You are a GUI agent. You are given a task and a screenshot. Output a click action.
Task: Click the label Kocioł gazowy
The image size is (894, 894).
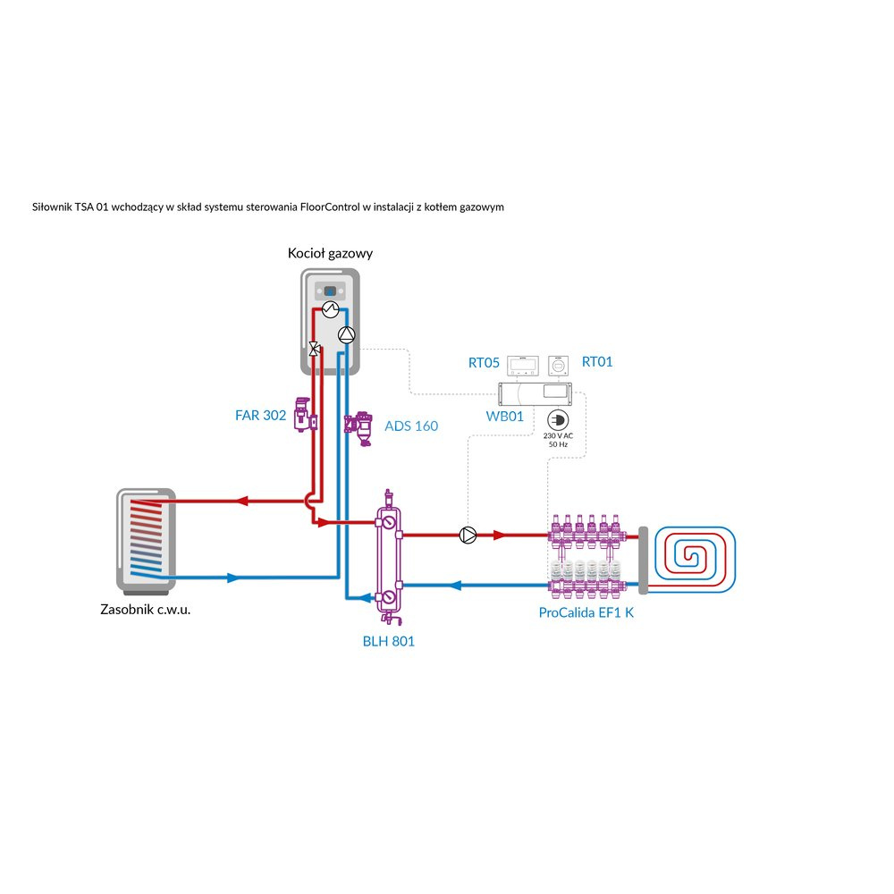330,254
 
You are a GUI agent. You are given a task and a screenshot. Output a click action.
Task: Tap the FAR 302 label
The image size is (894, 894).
261,416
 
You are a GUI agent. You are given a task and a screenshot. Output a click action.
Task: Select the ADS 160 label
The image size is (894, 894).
411,426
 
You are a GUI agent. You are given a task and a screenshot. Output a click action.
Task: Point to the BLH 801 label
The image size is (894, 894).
388,641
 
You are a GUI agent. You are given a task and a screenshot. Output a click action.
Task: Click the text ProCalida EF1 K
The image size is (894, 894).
586,612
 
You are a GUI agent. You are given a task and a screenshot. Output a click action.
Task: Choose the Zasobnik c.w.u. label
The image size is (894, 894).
146,611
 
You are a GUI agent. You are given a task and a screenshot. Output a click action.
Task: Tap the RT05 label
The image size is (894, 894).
484,362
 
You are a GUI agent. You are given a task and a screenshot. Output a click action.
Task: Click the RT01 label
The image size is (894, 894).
597,362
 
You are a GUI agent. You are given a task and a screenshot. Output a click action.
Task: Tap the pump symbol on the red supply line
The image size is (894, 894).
468,536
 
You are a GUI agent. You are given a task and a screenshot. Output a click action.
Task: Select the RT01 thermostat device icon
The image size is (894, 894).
559,365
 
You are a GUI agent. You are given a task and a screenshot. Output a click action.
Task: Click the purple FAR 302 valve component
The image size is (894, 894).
304,414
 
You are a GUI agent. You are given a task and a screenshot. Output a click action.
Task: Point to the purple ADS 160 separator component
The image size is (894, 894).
362,426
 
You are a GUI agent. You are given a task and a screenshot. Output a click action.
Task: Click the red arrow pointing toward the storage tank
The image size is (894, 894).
241,502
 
